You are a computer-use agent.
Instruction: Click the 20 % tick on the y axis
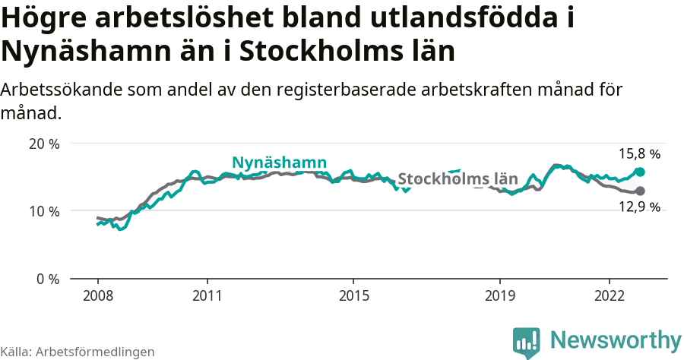[43, 144]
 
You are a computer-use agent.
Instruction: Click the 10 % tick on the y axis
[43, 211]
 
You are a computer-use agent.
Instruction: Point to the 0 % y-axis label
[47, 279]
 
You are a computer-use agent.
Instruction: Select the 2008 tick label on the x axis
[97, 295]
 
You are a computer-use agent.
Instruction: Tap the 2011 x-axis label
[207, 295]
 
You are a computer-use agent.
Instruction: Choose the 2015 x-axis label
[353, 295]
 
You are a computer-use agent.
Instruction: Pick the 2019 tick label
[500, 295]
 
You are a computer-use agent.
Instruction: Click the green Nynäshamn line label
[279, 163]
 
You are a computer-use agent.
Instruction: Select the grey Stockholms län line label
[458, 179]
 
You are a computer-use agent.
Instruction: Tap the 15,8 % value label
[639, 154]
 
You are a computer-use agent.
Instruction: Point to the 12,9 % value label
[639, 207]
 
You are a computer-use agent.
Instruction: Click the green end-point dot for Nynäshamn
[640, 172]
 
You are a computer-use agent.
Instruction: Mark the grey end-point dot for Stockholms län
[640, 191]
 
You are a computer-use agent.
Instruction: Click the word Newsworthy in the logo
[616, 339]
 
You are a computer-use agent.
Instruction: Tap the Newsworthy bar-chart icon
[527, 342]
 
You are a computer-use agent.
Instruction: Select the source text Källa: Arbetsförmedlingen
[78, 352]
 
